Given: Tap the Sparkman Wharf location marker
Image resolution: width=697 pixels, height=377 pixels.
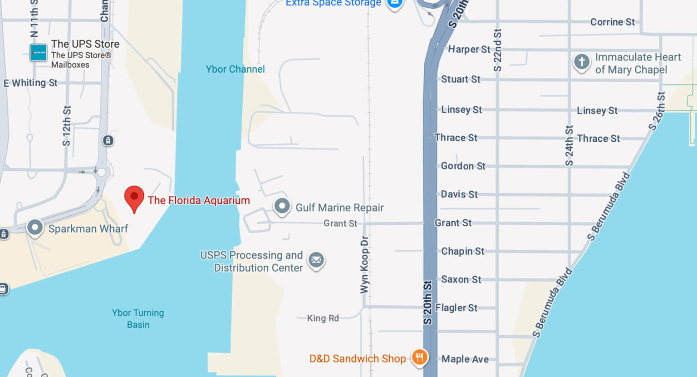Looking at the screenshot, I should pyautogui.click(x=35, y=228).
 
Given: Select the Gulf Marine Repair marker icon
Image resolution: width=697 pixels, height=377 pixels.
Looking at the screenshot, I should pyautogui.click(x=282, y=206).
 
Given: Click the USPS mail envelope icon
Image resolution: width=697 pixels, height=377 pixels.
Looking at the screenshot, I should pyautogui.click(x=316, y=260).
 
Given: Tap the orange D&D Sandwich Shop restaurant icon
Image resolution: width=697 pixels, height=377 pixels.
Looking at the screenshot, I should pyautogui.click(x=419, y=357).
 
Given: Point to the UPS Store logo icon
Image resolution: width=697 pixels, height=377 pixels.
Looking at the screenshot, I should pyautogui.click(x=38, y=53).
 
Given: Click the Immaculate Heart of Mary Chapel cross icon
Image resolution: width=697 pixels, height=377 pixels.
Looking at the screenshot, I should pyautogui.click(x=581, y=61).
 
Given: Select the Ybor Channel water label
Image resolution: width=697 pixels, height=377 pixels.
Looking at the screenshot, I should pyautogui.click(x=235, y=69).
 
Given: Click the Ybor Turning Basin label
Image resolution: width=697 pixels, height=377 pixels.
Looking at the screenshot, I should pyautogui.click(x=138, y=318).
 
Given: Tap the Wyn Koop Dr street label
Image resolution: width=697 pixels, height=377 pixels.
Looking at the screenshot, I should pyautogui.click(x=364, y=264).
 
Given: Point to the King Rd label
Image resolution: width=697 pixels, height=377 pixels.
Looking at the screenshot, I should pyautogui.click(x=323, y=318).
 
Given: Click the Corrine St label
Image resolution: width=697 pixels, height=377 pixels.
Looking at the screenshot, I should pyautogui.click(x=612, y=22).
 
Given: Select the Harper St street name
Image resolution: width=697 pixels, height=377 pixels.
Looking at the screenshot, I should pyautogui.click(x=469, y=49).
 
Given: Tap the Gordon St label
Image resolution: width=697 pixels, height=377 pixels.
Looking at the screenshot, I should pyautogui.click(x=463, y=166).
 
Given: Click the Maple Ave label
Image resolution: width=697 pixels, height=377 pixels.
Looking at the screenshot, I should pyautogui.click(x=465, y=359).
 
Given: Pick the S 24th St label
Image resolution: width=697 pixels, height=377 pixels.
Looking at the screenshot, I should pyautogui.click(x=569, y=145).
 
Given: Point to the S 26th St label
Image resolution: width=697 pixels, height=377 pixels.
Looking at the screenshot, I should pyautogui.click(x=657, y=111).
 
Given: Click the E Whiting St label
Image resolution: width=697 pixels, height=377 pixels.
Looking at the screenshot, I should pyautogui.click(x=30, y=83).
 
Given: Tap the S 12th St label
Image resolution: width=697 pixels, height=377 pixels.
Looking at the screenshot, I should pyautogui.click(x=67, y=126).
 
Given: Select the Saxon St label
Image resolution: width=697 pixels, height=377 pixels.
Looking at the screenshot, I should pyautogui.click(x=461, y=279).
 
